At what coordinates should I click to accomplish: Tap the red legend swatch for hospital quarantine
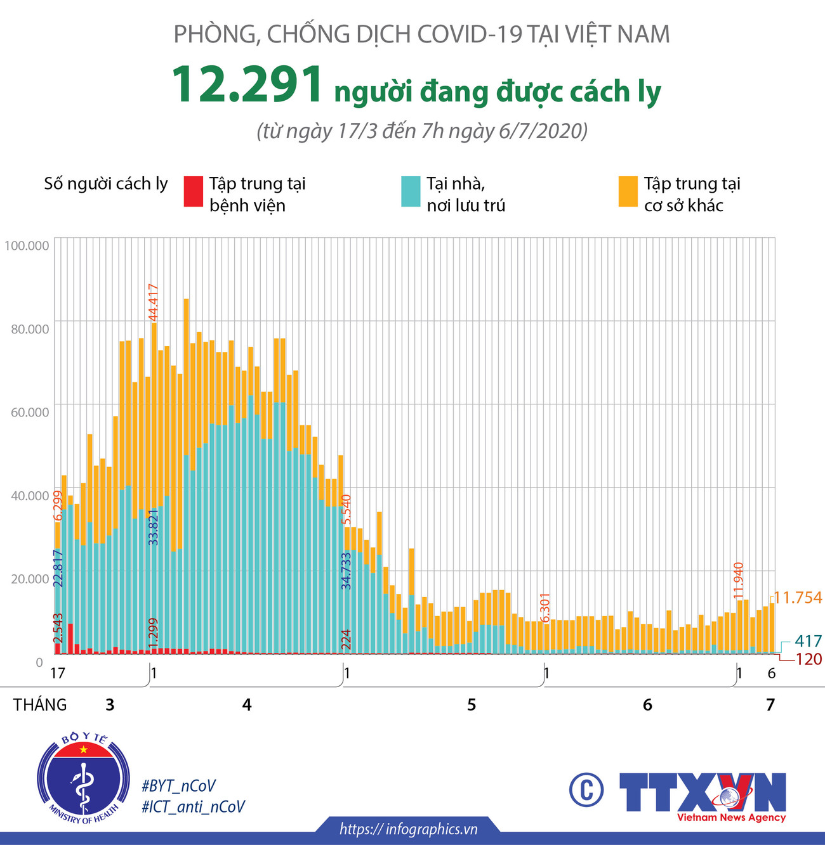click(x=193, y=191)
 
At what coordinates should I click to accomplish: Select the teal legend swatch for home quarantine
click(x=411, y=191)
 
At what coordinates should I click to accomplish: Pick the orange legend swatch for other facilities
click(x=628, y=191)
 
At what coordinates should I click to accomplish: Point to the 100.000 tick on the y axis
click(x=27, y=245)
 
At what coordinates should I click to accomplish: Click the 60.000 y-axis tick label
click(x=29, y=412)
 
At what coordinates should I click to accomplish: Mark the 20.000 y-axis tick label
click(x=29, y=578)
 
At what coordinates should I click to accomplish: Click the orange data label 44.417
click(x=153, y=303)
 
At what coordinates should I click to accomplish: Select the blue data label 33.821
click(x=153, y=527)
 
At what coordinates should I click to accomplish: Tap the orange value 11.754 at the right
click(x=798, y=598)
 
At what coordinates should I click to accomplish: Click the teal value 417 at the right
click(x=808, y=641)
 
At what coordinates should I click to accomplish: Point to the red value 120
click(x=808, y=659)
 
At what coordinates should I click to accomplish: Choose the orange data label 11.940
click(x=737, y=581)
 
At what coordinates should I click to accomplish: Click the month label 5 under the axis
click(x=472, y=705)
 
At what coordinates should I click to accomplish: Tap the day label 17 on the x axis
click(x=57, y=673)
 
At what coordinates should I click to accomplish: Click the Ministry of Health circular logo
click(x=83, y=777)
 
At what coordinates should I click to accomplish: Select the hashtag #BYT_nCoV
click(x=179, y=786)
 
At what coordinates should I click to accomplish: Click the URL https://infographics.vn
click(x=408, y=829)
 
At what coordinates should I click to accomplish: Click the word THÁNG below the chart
click(x=40, y=705)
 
